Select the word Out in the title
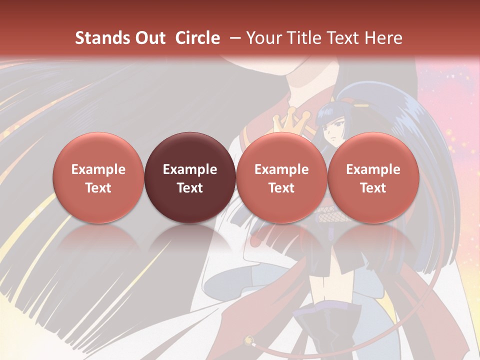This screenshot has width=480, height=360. click(x=150, y=38)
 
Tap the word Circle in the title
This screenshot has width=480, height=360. click(x=197, y=38)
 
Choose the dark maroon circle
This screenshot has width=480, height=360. click(x=190, y=177)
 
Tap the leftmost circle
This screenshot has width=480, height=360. click(x=98, y=177)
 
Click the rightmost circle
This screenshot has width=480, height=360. click(x=373, y=177)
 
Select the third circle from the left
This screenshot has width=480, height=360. click(x=281, y=177)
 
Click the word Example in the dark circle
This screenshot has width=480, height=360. click(x=190, y=169)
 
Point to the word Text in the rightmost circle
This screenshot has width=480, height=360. click(x=373, y=188)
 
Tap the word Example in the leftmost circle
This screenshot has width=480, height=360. click(x=98, y=169)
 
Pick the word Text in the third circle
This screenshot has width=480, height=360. click(x=281, y=188)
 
